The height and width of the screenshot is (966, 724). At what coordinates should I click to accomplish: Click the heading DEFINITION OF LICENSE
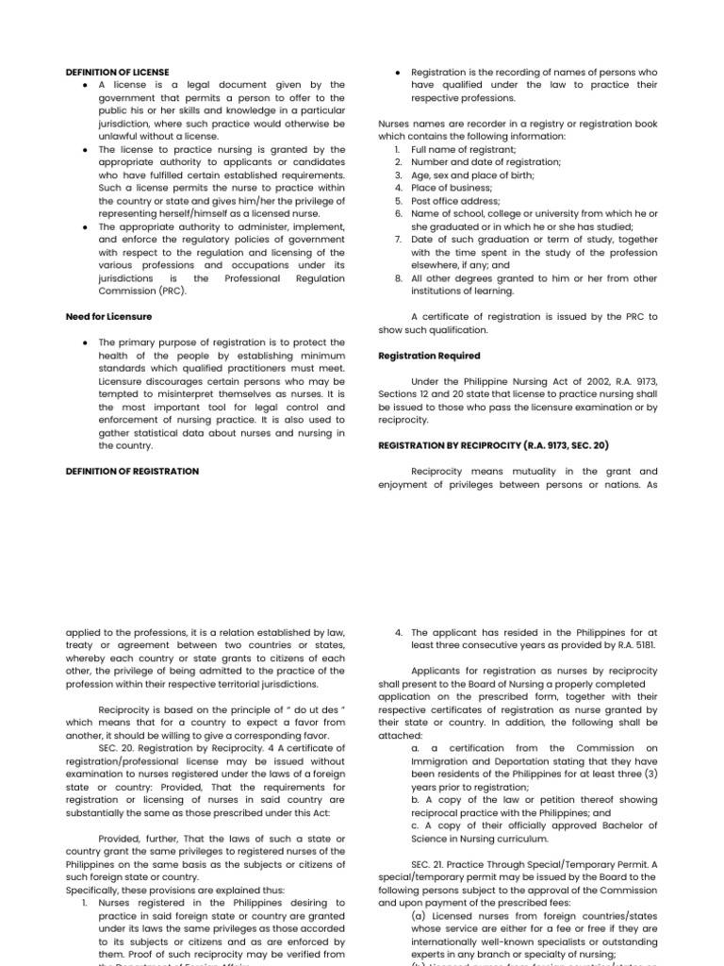click(117, 72)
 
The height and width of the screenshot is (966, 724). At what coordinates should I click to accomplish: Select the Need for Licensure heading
click(108, 317)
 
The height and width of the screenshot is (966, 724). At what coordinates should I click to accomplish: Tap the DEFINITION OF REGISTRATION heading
click(132, 471)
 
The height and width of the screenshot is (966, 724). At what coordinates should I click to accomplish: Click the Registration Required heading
click(429, 356)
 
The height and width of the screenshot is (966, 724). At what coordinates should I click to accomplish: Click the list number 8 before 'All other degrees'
click(398, 278)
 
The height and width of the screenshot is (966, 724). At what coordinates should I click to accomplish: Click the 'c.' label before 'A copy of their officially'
click(416, 824)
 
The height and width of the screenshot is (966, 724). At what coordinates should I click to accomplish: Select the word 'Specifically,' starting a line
click(93, 889)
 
